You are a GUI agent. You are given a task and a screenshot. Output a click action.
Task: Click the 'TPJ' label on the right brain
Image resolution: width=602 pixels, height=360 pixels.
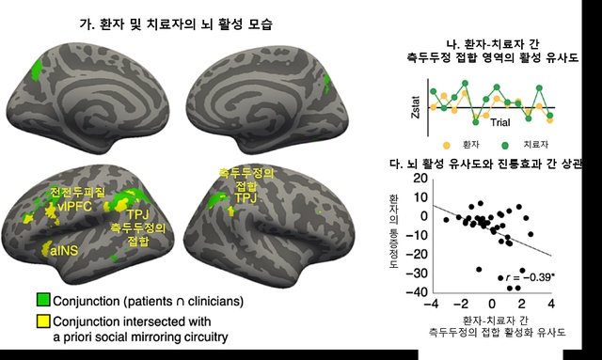pyautogui.click(x=245, y=198)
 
